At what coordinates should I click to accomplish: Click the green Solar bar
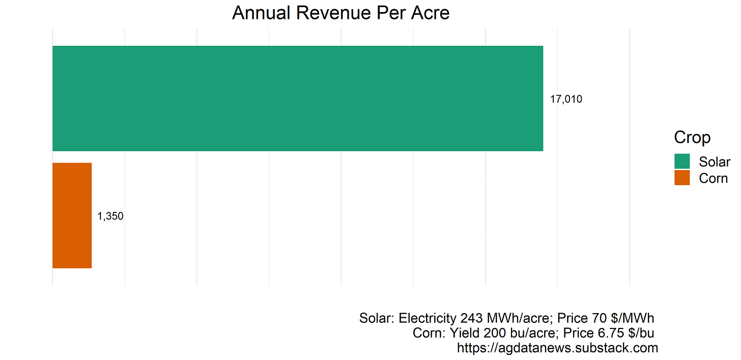tap(298, 98)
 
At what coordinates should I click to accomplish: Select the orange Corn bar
tap(72, 215)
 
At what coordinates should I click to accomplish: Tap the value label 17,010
tap(566, 99)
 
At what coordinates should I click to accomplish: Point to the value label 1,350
tap(110, 216)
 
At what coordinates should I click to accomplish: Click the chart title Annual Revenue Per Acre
tap(340, 13)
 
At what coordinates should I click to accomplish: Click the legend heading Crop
tap(692, 137)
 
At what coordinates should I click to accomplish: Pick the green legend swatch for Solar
tap(682, 161)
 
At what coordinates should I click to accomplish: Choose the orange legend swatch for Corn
tap(682, 178)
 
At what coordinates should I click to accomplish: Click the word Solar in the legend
tap(715, 162)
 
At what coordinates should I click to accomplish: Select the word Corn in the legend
tap(714, 178)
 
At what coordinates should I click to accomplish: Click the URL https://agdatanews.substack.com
tap(557, 348)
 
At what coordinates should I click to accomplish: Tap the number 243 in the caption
tap(471, 318)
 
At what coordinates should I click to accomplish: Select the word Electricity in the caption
tap(427, 318)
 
